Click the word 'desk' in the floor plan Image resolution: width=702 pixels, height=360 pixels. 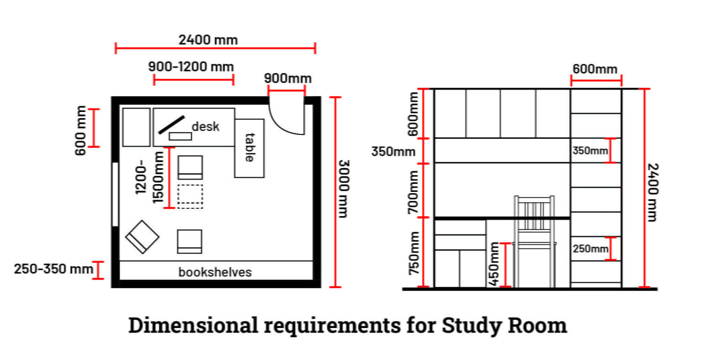(x=206, y=127)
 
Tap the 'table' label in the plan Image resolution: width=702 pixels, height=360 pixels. (x=250, y=147)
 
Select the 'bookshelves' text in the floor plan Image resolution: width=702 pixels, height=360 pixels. (x=215, y=272)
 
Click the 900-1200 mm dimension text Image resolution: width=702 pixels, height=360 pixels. (x=191, y=67)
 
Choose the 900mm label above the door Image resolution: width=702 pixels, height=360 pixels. (x=287, y=79)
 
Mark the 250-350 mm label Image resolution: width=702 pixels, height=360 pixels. (x=53, y=269)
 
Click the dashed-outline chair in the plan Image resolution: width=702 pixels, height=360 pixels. (x=190, y=196)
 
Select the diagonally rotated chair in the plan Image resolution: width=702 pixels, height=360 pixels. (x=142, y=237)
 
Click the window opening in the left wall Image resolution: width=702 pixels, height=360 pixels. (x=115, y=194)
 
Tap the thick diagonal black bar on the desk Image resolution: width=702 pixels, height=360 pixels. (x=171, y=124)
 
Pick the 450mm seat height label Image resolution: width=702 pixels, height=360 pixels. (x=494, y=264)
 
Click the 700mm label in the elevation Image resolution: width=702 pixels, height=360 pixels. (x=413, y=192)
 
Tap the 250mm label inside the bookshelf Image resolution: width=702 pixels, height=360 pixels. (x=590, y=249)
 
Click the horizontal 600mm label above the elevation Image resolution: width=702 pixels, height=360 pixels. (x=595, y=69)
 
